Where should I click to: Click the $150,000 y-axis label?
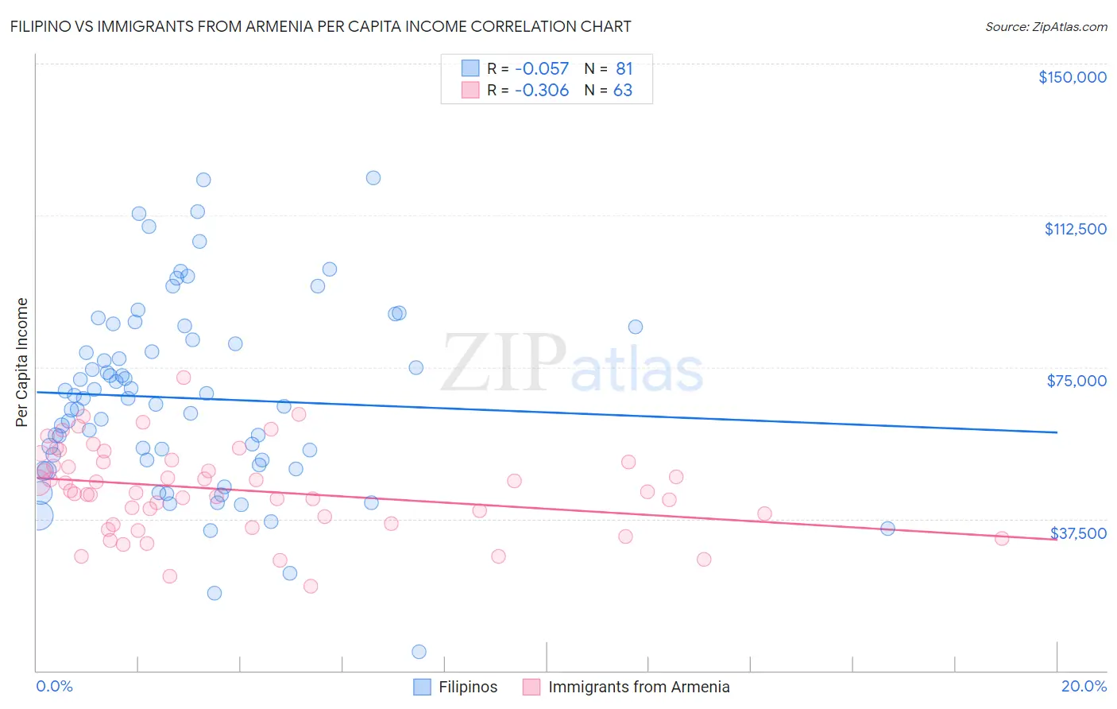[x=1072, y=77]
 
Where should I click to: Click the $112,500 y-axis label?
[x=1075, y=229]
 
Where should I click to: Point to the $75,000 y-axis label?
[x=1076, y=381]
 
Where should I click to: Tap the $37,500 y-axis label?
[x=1078, y=533]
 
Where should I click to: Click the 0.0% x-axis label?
[x=54, y=686]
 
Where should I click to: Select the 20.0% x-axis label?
[x=1084, y=686]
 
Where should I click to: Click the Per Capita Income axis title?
[x=22, y=362]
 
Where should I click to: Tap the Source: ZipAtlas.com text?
[x=1045, y=26]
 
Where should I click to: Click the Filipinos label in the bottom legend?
[x=468, y=687]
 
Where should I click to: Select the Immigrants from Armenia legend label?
[x=639, y=687]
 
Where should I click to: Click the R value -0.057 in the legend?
[x=542, y=69]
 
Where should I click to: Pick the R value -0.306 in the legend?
[x=542, y=91]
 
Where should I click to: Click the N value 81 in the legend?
[x=624, y=69]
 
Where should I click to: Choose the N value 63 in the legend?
[x=623, y=91]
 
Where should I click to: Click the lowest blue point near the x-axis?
[x=419, y=652]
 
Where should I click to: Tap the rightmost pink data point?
[x=1002, y=539]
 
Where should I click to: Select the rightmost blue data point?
[x=887, y=529]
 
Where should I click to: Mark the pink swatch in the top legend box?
[x=470, y=91]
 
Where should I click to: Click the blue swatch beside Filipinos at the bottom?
[x=422, y=687]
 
